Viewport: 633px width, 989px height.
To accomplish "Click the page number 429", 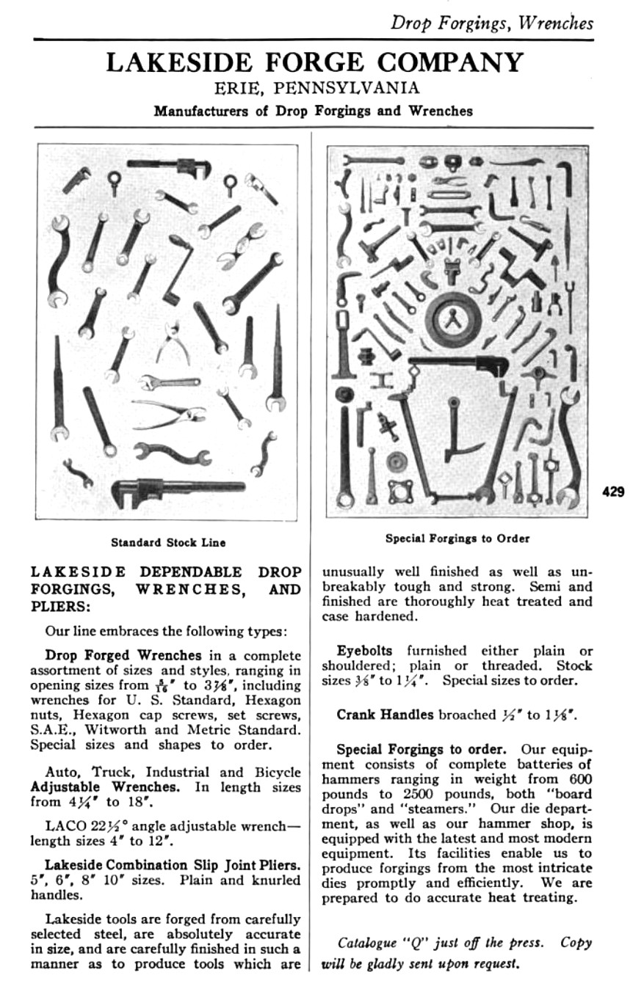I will coord(613,492).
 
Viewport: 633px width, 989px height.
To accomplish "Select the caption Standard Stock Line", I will coord(168,543).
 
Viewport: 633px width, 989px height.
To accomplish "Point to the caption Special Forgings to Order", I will coord(457,539).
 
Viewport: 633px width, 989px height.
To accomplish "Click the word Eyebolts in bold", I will coord(365,651).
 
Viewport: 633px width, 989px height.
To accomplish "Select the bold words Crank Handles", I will coord(386,713).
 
